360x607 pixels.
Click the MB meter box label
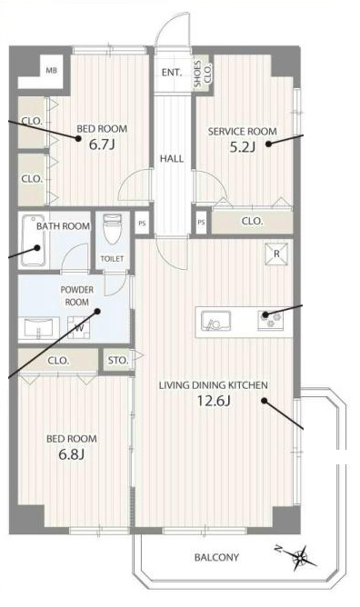[52, 71]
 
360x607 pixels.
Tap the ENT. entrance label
[172, 73]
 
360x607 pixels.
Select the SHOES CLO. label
[203, 74]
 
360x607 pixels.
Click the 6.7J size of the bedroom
[102, 144]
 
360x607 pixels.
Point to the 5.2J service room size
[243, 147]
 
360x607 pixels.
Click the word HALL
[172, 158]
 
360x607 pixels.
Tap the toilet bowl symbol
[113, 229]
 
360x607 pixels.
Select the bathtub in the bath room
[33, 241]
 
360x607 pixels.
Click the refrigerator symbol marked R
[276, 254]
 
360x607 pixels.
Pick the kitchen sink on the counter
[215, 321]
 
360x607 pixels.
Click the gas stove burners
[271, 321]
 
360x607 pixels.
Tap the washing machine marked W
[79, 328]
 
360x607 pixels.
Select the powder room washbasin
[39, 328]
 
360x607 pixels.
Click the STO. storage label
[118, 361]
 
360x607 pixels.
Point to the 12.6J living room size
[214, 401]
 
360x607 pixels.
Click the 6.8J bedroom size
[71, 454]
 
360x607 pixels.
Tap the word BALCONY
[216, 557]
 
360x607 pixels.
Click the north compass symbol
[299, 557]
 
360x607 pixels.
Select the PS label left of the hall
[142, 224]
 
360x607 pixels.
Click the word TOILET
[112, 259]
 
